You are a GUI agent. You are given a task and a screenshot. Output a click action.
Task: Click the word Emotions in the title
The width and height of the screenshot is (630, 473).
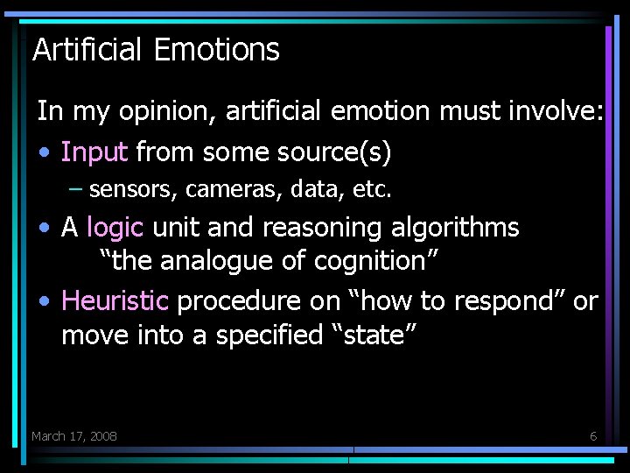point(216,50)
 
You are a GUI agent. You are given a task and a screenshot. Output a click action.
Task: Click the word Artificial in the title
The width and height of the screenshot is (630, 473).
point(87,50)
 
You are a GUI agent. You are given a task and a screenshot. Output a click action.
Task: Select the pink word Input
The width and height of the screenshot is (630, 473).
point(94,152)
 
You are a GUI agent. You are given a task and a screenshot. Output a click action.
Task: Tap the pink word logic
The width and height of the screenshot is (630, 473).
point(115,228)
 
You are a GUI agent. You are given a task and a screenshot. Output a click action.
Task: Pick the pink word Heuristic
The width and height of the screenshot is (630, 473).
point(115,301)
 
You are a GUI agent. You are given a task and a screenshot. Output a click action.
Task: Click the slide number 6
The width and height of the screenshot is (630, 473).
point(593,436)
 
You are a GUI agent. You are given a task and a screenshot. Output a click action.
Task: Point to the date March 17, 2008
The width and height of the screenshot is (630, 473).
point(74,436)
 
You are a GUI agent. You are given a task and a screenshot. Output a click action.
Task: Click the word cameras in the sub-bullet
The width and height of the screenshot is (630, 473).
point(220,188)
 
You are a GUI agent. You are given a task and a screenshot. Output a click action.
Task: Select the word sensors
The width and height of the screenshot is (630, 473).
point(122,188)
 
